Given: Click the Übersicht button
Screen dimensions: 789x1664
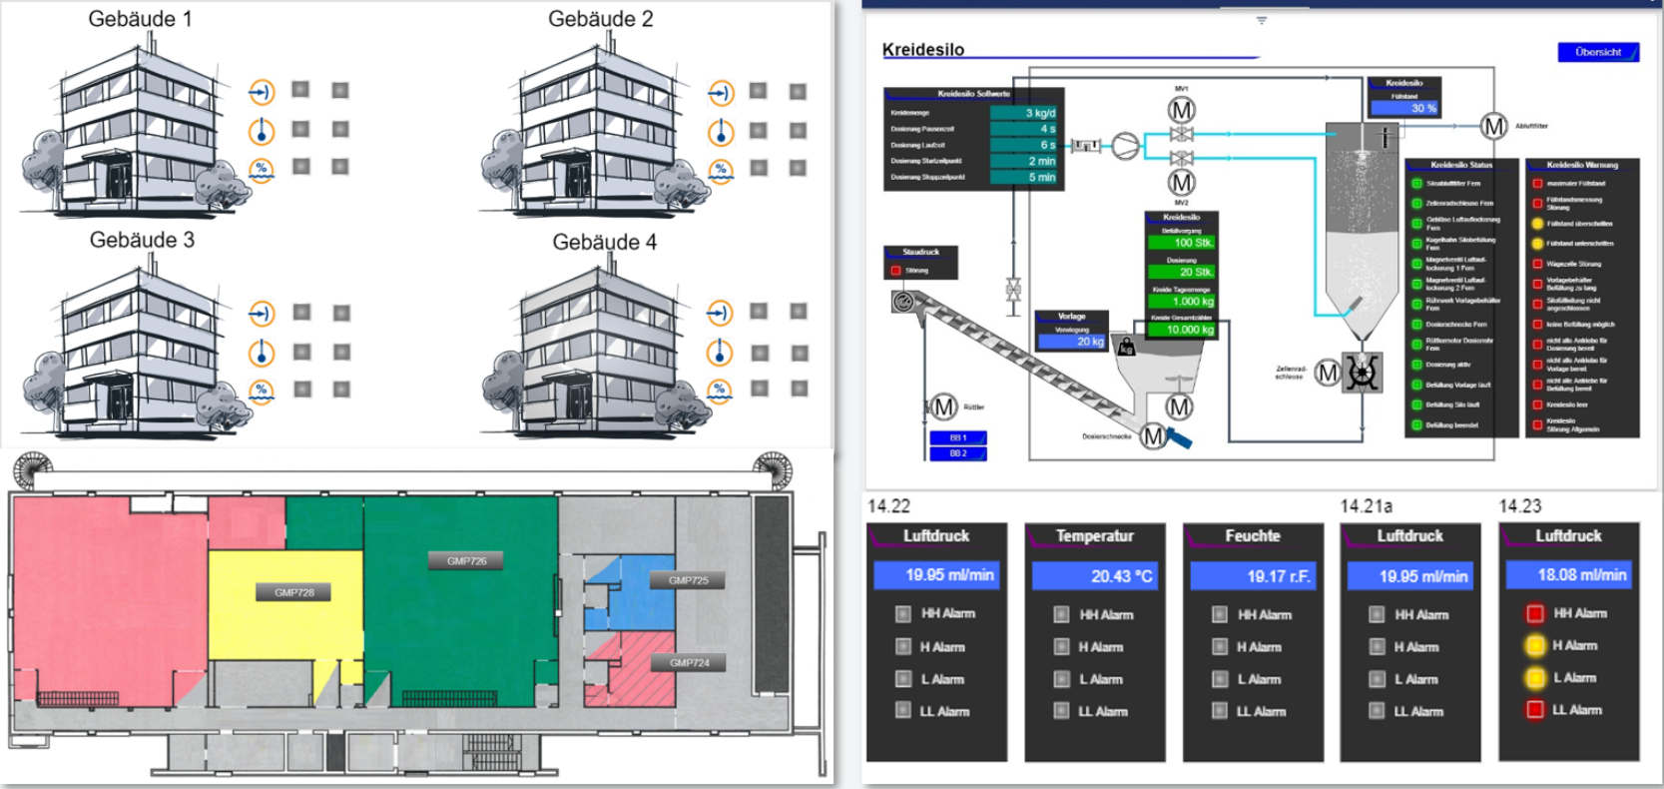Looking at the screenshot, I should (x=1597, y=52).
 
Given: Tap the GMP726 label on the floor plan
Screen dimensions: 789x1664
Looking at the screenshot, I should (x=466, y=561).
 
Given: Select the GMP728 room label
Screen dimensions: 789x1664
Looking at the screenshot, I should (x=294, y=592).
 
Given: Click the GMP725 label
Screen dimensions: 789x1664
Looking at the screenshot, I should (x=688, y=580).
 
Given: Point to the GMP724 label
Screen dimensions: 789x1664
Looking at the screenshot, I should (x=689, y=663).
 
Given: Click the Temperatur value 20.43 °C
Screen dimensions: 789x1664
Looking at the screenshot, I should (x=1094, y=576).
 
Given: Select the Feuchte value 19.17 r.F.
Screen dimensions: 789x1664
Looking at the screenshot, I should (x=1252, y=576).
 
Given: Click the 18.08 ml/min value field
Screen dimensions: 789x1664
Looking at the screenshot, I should (x=1568, y=575).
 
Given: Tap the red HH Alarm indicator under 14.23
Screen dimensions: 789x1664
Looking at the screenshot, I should (x=1535, y=613).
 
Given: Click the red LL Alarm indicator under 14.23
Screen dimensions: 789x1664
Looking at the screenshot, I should (x=1535, y=710).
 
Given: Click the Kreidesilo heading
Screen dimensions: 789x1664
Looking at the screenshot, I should (x=923, y=50).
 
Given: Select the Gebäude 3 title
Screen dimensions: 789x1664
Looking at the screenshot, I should (x=142, y=240).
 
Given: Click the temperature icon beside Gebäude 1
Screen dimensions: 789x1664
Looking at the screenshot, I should (x=262, y=131).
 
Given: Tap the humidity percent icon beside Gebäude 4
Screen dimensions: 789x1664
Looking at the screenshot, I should (x=720, y=392).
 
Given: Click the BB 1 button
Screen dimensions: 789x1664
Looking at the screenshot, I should (x=958, y=437).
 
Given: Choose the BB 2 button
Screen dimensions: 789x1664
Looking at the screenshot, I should (x=958, y=453).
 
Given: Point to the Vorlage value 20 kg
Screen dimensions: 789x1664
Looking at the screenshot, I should (x=1072, y=342).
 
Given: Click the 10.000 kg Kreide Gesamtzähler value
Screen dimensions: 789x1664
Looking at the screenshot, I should (x=1182, y=330).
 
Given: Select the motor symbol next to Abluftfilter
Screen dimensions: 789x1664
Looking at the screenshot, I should (x=1493, y=126).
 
